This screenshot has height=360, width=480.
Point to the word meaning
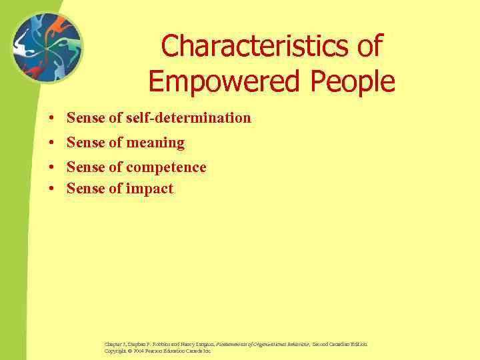tap(157, 143)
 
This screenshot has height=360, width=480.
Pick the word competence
tap(166, 167)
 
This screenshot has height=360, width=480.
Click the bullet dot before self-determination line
tap(51, 119)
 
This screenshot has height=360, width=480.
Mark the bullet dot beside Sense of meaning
tap(51, 143)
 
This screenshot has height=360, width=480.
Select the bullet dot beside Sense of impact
tap(51, 189)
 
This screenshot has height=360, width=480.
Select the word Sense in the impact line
tap(85, 189)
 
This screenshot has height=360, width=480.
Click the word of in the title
tap(367, 47)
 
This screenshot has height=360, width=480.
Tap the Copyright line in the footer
tap(157, 351)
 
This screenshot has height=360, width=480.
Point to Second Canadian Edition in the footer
tap(336, 344)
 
